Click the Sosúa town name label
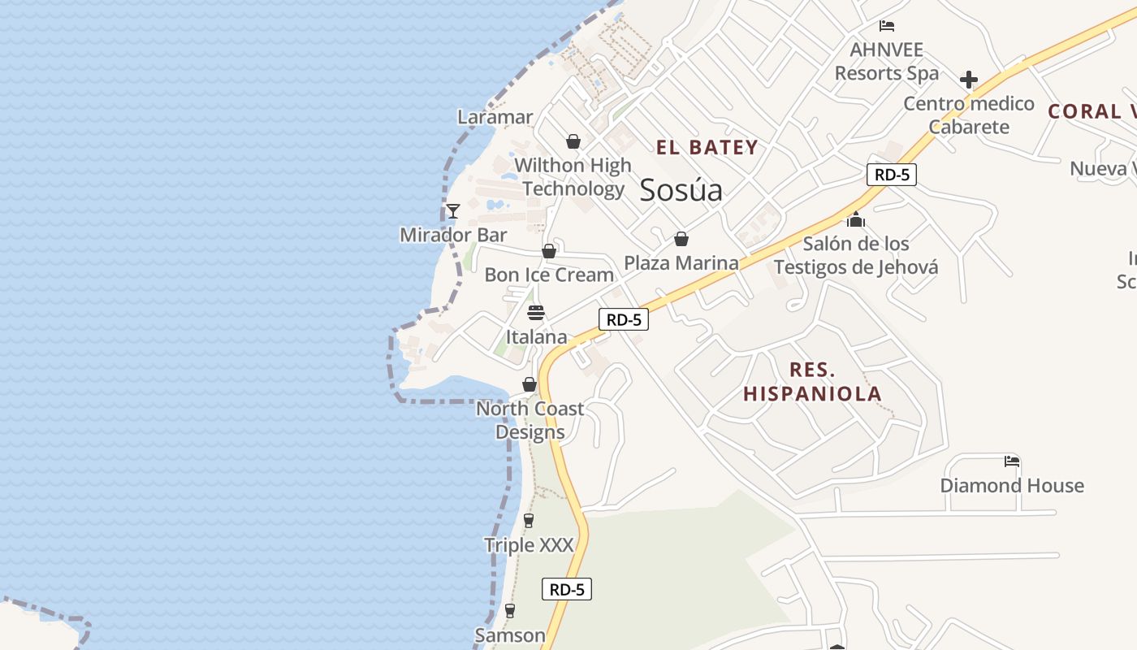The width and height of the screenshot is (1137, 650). point(681,190)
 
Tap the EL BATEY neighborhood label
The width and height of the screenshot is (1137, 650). point(707,148)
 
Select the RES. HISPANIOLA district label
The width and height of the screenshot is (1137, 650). point(812,382)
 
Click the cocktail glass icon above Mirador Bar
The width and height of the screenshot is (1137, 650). point(453,211)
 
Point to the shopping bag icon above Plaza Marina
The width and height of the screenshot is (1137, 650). point(681,239)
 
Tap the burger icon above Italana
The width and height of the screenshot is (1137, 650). point(536,313)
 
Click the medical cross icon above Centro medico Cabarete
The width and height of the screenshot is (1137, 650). point(968,80)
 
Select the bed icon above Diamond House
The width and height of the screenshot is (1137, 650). point(1011,461)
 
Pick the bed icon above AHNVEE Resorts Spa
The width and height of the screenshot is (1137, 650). point(887,26)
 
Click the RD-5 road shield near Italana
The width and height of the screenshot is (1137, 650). point(624,319)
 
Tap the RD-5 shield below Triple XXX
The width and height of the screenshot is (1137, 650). point(567,589)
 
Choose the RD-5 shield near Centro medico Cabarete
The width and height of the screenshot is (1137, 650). point(891,175)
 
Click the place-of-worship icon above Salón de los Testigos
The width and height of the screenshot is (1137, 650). point(855,219)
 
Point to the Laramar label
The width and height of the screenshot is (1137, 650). point(495,117)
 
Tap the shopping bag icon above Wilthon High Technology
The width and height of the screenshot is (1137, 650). point(573,142)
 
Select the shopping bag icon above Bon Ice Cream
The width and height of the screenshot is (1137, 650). point(549,251)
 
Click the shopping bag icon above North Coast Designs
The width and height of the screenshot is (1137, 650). point(530,384)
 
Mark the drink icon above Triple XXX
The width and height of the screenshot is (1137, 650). point(529,521)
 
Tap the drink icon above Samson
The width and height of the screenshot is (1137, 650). point(510,611)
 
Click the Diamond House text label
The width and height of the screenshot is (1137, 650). point(1011,486)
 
